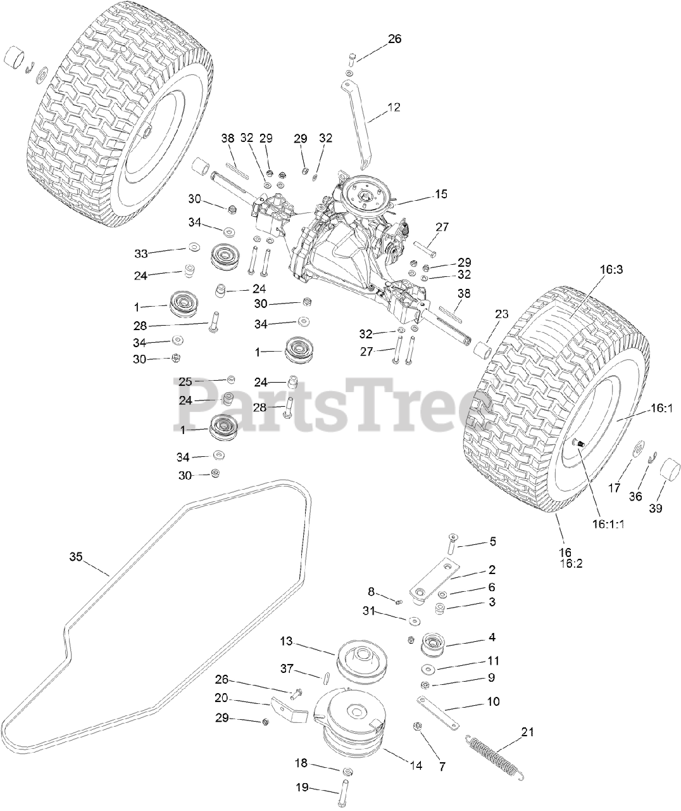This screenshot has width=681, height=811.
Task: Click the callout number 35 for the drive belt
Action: (x=76, y=557)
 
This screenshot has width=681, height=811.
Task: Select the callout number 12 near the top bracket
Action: (x=393, y=108)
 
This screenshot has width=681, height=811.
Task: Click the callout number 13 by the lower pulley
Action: (x=287, y=641)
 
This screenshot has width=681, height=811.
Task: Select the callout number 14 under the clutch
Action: (x=415, y=766)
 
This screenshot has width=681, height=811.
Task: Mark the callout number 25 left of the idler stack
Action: (x=185, y=381)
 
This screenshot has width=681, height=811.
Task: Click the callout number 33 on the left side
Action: (x=142, y=253)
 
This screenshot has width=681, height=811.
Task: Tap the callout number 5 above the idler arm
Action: (x=492, y=542)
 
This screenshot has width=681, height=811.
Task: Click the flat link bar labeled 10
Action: (x=437, y=710)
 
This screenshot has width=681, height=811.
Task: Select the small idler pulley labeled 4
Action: (x=434, y=646)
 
